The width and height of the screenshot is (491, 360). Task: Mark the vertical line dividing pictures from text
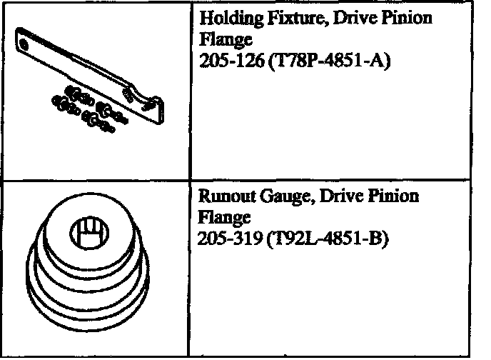click(188, 179)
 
